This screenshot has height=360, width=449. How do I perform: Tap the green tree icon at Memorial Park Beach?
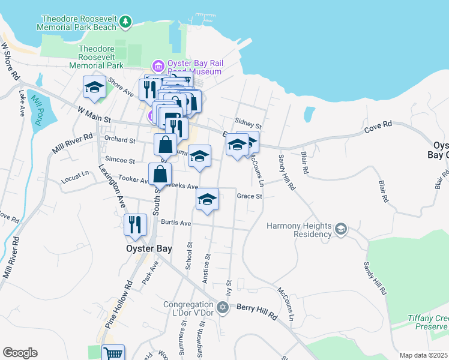125,22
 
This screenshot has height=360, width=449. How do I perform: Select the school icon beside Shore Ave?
94,88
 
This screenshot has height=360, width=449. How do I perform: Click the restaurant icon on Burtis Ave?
135,224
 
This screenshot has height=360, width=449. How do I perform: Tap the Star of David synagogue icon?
223,308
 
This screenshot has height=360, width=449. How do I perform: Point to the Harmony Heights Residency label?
299,230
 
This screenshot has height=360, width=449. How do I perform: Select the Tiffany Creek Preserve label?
427,322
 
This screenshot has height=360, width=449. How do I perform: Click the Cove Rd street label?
378,127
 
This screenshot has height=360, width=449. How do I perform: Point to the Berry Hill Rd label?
257,311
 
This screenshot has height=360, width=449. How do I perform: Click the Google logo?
20,353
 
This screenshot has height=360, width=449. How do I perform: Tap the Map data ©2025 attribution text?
423,355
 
